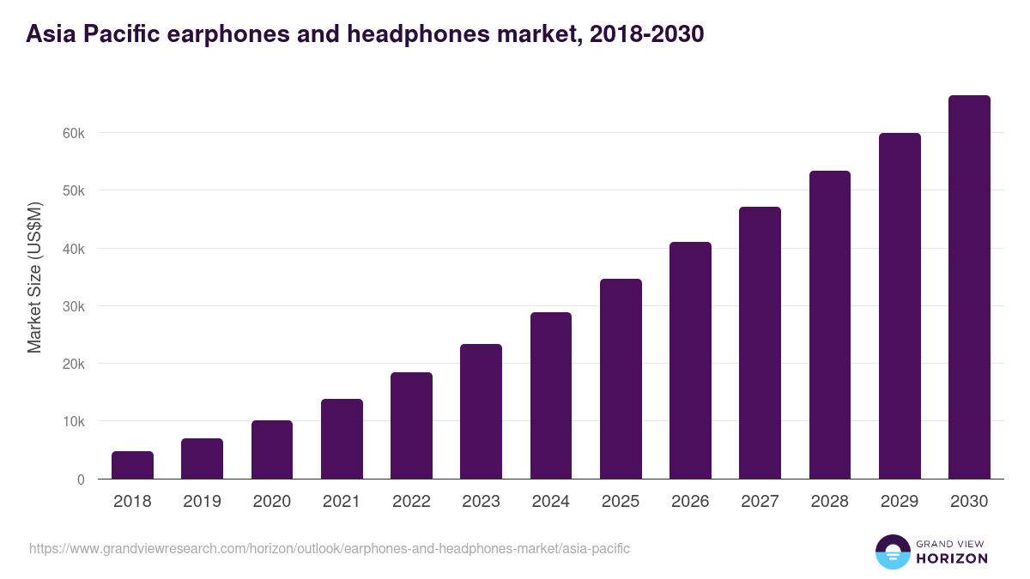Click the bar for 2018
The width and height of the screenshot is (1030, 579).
click(132, 465)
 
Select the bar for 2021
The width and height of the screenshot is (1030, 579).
click(342, 439)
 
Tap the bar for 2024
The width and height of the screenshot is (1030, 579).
click(551, 395)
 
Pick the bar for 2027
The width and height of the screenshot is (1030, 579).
click(760, 343)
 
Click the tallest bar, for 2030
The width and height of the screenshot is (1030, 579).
click(969, 287)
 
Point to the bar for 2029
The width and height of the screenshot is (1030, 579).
click(900, 306)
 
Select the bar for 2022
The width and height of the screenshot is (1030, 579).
click(411, 425)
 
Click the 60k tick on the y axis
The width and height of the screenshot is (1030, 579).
click(74, 133)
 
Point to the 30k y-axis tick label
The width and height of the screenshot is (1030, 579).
click(74, 306)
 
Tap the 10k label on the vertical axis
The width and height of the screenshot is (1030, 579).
click(74, 422)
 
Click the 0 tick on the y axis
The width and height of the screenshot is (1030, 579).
click(81, 479)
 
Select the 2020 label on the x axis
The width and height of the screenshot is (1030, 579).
click(271, 502)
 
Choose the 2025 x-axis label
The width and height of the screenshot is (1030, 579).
click(621, 502)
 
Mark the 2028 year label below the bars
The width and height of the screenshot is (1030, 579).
click(830, 502)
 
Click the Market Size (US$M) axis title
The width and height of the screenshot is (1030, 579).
click(34, 277)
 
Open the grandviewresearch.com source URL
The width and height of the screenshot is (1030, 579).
click(330, 548)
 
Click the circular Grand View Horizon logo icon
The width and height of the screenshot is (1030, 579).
click(892, 552)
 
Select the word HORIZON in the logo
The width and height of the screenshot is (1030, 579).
click(952, 558)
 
